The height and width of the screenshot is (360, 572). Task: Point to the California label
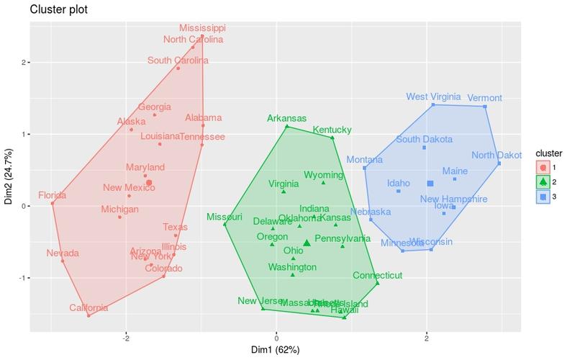(x=89, y=308)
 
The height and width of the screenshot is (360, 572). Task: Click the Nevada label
(x=63, y=253)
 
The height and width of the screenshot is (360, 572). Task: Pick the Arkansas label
(x=286, y=118)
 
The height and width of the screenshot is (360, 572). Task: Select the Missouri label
(x=224, y=217)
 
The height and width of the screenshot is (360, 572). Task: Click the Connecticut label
(x=377, y=276)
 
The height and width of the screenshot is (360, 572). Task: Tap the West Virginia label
(x=433, y=96)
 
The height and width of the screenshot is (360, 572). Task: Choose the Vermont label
(x=485, y=98)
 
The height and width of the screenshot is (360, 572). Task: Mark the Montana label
(x=364, y=160)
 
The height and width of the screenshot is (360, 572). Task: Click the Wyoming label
(x=324, y=175)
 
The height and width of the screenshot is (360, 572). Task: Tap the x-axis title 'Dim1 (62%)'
(x=276, y=350)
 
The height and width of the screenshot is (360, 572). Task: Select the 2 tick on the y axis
(x=24, y=63)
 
